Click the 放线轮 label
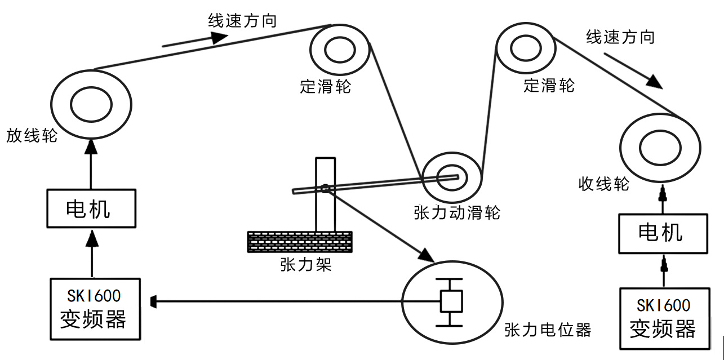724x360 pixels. (x=32, y=136)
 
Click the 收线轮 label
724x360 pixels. (x=603, y=184)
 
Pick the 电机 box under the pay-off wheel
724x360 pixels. (x=91, y=209)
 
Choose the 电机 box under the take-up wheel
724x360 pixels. (x=663, y=233)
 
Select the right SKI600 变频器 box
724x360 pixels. (x=663, y=318)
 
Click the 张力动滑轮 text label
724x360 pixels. (x=457, y=213)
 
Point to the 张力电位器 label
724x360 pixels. (x=548, y=330)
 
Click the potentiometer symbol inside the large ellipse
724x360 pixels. (x=451, y=302)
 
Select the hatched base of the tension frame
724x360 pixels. (x=300, y=242)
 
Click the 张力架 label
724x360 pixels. (x=305, y=265)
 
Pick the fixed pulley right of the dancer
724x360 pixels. (x=524, y=49)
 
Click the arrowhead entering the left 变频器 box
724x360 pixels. (x=153, y=302)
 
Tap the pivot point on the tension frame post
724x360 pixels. (x=325, y=188)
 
